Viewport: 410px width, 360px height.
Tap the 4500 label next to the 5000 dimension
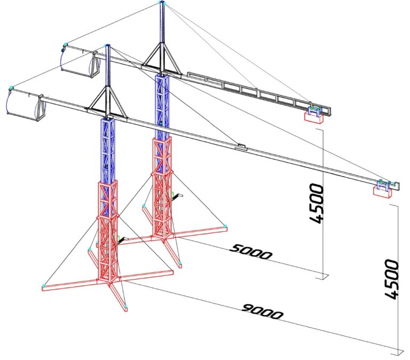coord(317,204)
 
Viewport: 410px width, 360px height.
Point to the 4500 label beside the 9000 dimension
coord(392,279)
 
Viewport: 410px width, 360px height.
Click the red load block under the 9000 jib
coord(382,192)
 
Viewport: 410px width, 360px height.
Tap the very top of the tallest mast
coord(162,2)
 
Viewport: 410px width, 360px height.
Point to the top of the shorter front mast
coord(107,45)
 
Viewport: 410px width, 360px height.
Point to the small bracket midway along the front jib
coord(241,146)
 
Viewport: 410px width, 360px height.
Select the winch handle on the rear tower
coord(177,195)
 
